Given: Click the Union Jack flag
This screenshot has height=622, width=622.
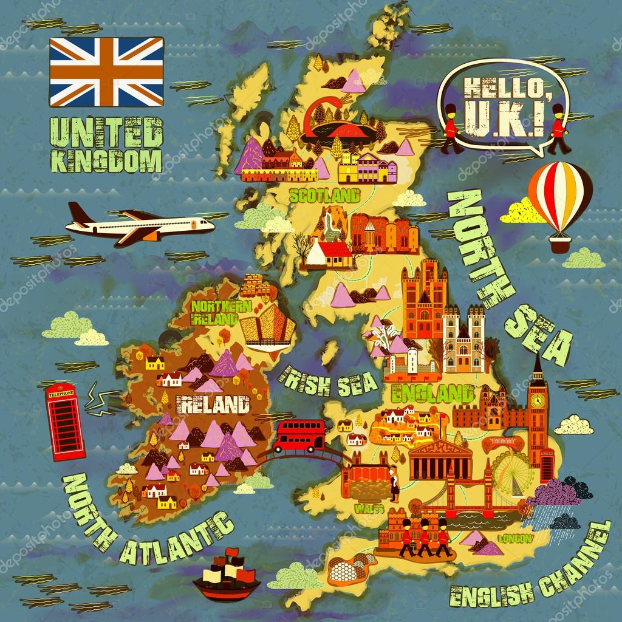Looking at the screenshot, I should [106, 71].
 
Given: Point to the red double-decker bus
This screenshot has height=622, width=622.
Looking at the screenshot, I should [299, 436].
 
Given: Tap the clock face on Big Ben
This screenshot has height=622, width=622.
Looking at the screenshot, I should [537, 401].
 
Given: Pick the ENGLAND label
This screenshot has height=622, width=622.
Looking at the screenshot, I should [432, 392].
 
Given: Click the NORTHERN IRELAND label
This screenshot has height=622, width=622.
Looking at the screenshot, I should [214, 311].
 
